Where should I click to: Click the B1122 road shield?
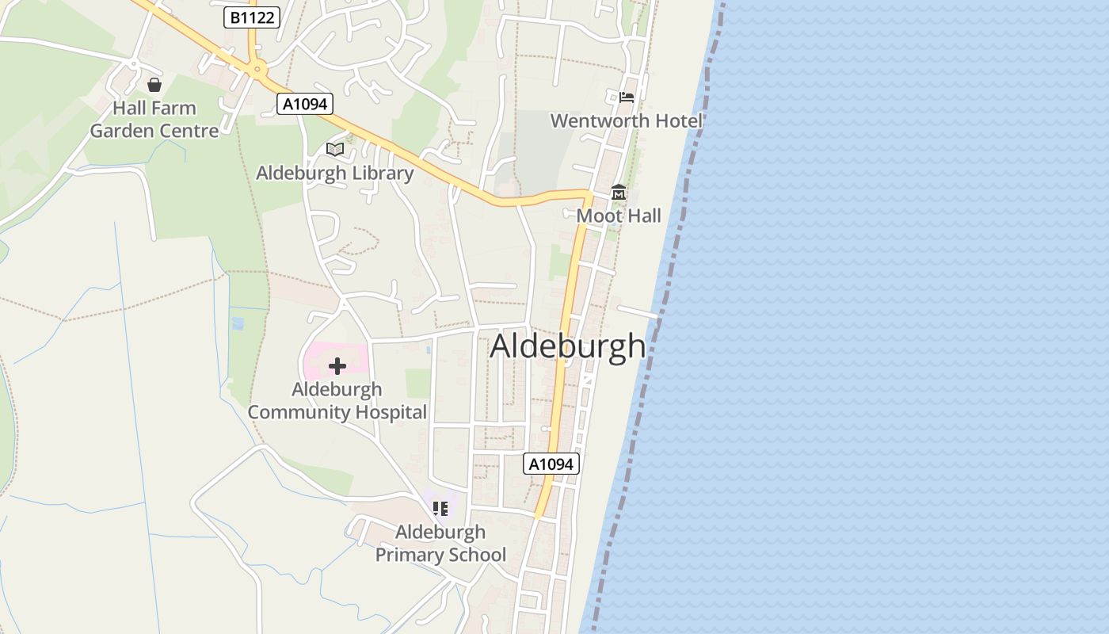(x=252, y=17)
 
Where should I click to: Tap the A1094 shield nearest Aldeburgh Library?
(x=304, y=104)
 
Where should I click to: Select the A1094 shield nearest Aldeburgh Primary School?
(x=551, y=464)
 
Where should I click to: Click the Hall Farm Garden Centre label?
(x=154, y=120)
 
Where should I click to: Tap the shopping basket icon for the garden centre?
(x=154, y=84)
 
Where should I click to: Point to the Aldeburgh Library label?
(x=334, y=173)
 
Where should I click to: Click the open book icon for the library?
(x=335, y=149)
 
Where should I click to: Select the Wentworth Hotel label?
(x=627, y=121)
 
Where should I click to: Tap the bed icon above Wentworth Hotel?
(x=627, y=97)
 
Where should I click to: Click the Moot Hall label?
(x=619, y=216)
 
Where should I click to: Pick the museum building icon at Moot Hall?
(x=619, y=192)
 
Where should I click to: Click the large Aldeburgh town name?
(x=568, y=347)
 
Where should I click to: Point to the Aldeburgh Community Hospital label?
(x=337, y=401)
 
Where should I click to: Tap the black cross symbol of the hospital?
(x=337, y=366)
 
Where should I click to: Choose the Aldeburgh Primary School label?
(x=440, y=543)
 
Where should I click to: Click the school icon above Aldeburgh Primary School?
(x=440, y=508)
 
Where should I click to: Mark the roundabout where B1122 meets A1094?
(x=255, y=70)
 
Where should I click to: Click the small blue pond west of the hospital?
(x=237, y=323)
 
